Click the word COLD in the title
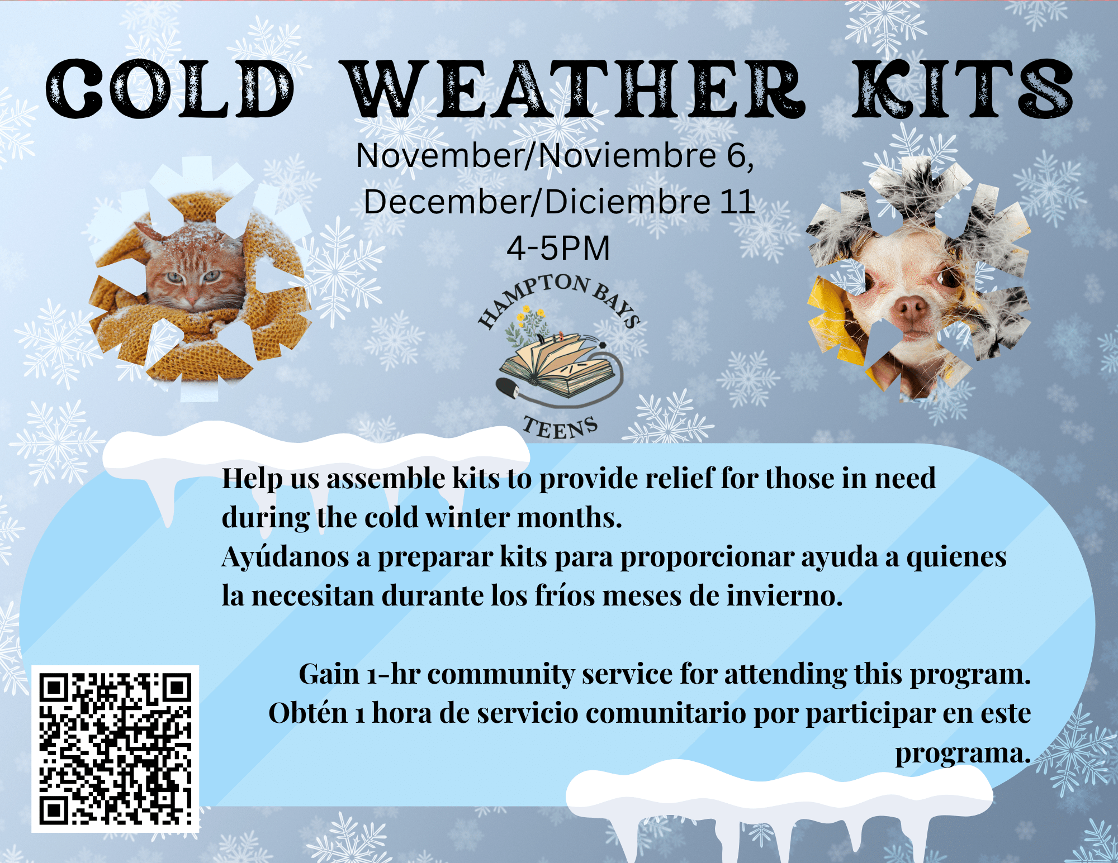(170, 89)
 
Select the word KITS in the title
(963, 89)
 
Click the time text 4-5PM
(558, 248)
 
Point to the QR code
(115, 748)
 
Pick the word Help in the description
(252, 479)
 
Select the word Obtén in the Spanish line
(308, 713)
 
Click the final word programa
(963, 754)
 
